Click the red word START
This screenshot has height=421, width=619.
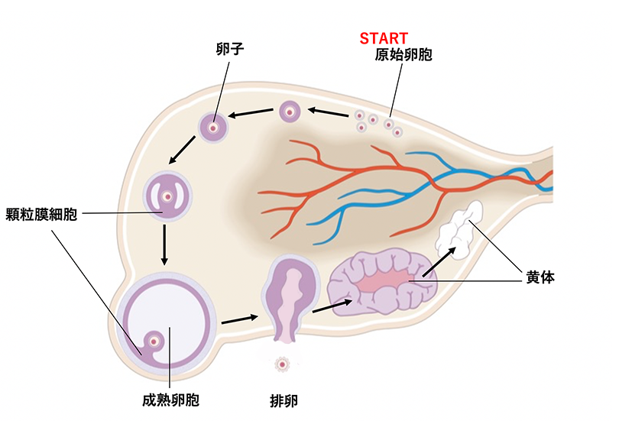pyautogui.click(x=384, y=37)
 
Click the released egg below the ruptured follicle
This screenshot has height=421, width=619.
pyautogui.click(x=283, y=363)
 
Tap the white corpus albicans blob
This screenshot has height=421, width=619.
pyautogui.click(x=459, y=227)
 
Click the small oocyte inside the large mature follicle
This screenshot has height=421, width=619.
pyautogui.click(x=156, y=340)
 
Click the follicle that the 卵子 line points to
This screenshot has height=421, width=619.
pyautogui.click(x=214, y=128)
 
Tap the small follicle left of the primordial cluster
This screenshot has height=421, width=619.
pyautogui.click(x=290, y=112)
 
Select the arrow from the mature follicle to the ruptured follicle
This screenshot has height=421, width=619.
pyautogui.click(x=238, y=319)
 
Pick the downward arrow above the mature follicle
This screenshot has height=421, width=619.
pyautogui.click(x=165, y=246)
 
